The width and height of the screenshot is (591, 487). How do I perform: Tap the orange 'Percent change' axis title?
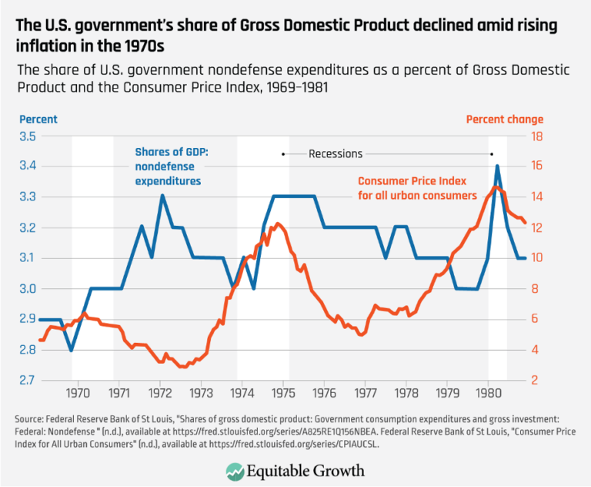click(504, 119)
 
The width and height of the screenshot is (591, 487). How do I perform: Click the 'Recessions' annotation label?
click(336, 153)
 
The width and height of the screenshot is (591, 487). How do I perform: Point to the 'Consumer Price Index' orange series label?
click(416, 181)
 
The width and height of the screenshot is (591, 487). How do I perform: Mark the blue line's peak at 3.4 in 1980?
click(497, 166)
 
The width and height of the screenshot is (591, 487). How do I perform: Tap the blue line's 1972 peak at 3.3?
click(162, 196)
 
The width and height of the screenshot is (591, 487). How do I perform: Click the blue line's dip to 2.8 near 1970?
click(71, 350)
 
